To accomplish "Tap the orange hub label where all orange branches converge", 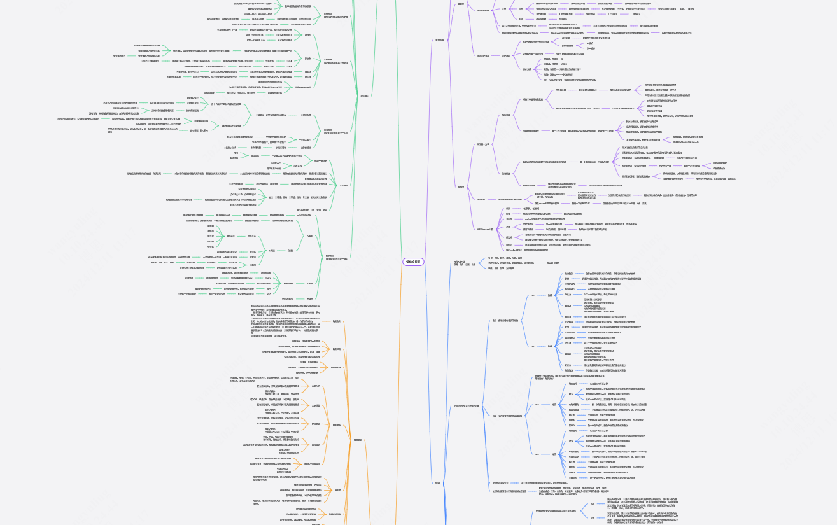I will point(358,439).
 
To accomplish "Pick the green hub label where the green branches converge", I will point(364,95).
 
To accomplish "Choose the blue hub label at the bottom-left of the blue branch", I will point(437,482).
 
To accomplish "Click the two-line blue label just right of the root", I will point(461,263).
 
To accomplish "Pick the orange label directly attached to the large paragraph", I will point(337,321).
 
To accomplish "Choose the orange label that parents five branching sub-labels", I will point(336,425).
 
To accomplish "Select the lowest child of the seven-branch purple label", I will point(507,249).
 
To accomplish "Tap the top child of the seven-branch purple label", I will point(507,208).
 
